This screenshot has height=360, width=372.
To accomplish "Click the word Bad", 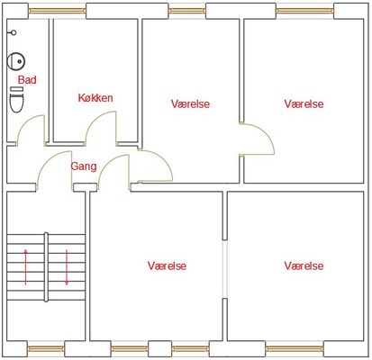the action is point(27,80).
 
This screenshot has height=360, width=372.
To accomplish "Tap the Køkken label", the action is point(95,98).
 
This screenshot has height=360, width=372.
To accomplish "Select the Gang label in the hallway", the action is point(84,166).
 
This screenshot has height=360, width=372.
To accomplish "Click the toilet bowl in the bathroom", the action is point(16,103).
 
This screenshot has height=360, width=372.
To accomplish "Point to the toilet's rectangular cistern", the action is point(17,89).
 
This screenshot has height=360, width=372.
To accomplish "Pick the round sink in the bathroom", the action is point(16,61).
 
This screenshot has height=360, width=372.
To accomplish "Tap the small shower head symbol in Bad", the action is point(12,32).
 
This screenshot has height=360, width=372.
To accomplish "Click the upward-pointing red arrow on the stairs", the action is point(25,267).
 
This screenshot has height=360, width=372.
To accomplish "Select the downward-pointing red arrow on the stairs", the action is point(67,267).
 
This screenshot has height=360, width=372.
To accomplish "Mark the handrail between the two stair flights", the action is point(46,267).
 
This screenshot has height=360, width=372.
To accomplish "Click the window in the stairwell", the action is point(46,348).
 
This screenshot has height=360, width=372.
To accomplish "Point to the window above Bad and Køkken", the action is point(58,11).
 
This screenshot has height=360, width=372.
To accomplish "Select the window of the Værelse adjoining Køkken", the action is point(187,11).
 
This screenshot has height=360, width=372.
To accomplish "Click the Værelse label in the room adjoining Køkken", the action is point(190,103).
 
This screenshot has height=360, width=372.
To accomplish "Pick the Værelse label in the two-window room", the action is point(167,265).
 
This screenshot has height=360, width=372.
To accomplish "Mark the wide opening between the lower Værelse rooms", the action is point(225,269).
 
